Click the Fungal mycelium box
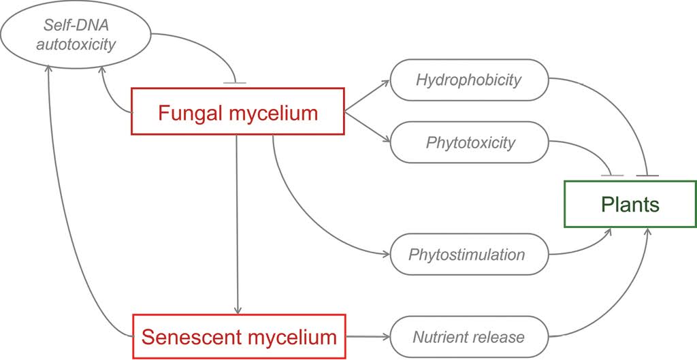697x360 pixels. (x=238, y=112)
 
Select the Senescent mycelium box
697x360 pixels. (x=239, y=336)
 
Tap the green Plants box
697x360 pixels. (x=630, y=203)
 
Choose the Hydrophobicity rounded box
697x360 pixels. (x=468, y=80)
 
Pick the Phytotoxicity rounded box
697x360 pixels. (x=470, y=143)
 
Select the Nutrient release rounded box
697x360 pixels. (x=468, y=336)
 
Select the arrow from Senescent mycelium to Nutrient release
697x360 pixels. (x=368, y=336)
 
